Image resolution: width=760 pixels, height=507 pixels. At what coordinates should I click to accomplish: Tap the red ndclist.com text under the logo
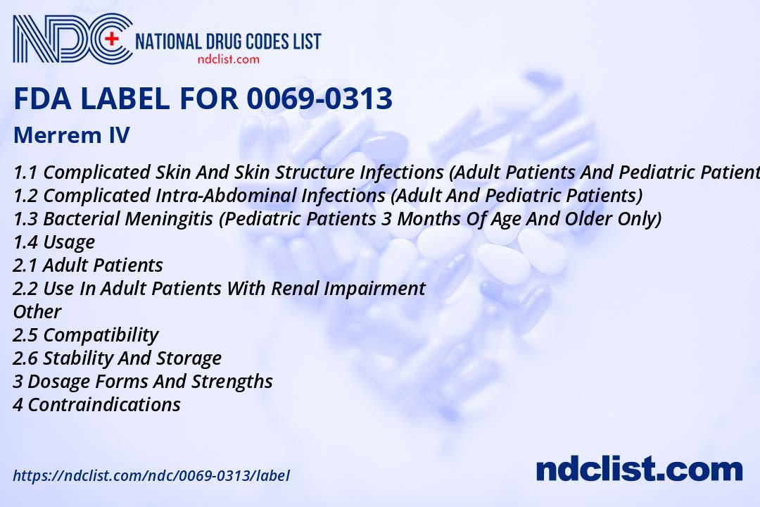[x=228, y=59]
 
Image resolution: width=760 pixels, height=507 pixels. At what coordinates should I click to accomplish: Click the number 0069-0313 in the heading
[x=319, y=99]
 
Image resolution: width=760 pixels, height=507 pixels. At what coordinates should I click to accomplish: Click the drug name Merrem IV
[x=71, y=135]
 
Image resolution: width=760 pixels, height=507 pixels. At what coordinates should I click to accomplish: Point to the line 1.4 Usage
[x=53, y=242]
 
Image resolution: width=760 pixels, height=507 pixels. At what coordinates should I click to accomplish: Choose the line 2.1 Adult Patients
[x=88, y=265]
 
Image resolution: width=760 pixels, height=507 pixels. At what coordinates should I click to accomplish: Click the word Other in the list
[x=37, y=311]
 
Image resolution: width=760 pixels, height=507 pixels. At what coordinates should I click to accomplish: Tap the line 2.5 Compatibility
[x=86, y=334]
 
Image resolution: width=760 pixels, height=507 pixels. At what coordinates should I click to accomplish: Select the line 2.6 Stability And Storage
[x=117, y=358]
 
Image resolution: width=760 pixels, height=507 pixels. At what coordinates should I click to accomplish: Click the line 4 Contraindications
[x=96, y=404]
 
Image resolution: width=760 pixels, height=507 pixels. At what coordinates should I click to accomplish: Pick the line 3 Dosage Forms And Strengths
[x=143, y=381]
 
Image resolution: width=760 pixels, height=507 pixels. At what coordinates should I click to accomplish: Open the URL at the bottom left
[x=151, y=475]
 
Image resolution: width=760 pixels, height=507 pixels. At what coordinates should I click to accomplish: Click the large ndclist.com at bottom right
[x=639, y=469]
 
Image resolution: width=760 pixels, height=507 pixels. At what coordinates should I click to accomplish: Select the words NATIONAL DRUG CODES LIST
[x=227, y=41]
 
